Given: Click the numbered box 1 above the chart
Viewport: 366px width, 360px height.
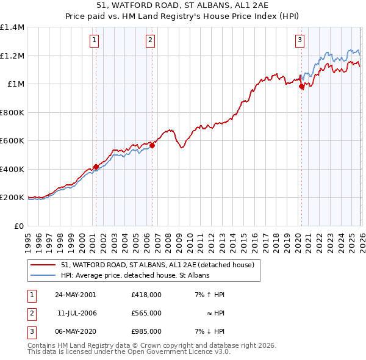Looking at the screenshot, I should (x=95, y=41).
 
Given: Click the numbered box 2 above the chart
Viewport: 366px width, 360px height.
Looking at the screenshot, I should (x=150, y=41).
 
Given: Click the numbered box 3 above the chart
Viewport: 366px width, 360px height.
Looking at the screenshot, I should (x=300, y=41).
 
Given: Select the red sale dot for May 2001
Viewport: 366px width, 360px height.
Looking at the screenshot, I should (x=96, y=167).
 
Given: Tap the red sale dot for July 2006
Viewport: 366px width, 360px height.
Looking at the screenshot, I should (x=152, y=146).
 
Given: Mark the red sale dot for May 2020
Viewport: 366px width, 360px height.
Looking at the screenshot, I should (x=301, y=87).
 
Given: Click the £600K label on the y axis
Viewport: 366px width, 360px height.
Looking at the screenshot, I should (x=12, y=141).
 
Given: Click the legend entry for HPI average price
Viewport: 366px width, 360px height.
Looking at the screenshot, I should (x=135, y=276).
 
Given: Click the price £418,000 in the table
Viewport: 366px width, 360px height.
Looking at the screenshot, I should (x=146, y=295).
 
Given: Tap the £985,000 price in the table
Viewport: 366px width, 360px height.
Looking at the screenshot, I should (x=146, y=331).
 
